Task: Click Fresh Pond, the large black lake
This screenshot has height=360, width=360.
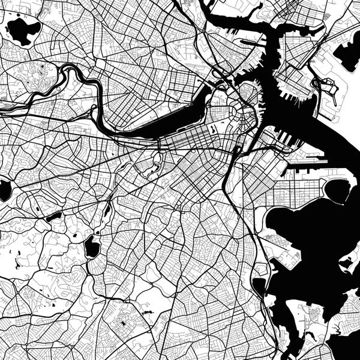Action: (22, 31)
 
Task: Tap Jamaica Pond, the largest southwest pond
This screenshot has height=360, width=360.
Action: (92, 246)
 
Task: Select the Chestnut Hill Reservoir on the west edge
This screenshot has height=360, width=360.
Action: (5, 191)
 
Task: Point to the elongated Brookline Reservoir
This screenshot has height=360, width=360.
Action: (54, 215)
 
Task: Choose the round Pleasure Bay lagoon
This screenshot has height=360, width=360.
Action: (337, 191)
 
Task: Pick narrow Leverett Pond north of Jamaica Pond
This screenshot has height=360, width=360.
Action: (107, 210)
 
